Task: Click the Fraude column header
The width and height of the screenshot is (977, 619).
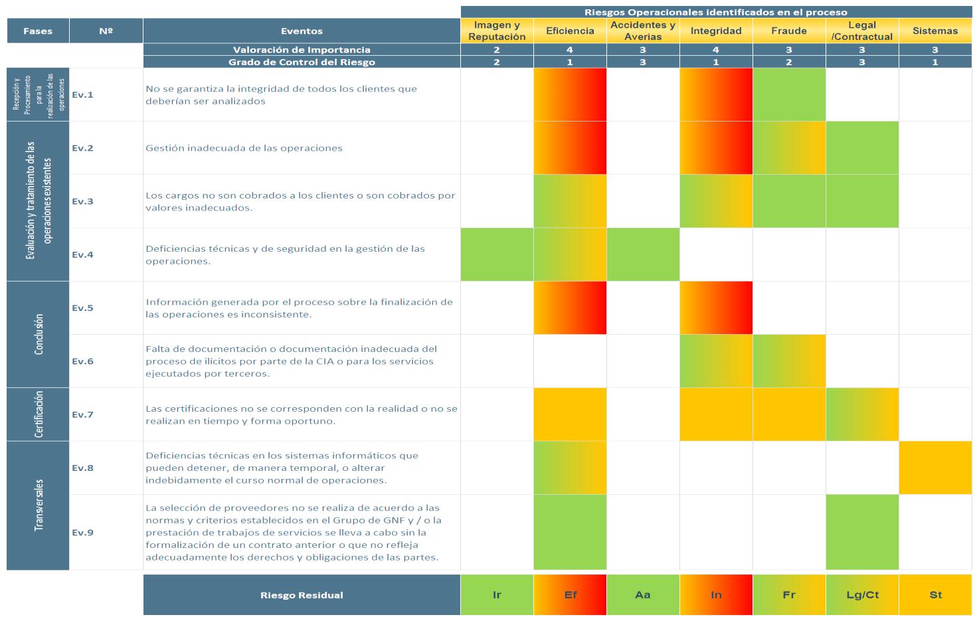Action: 789,31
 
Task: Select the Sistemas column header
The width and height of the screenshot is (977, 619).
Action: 935,31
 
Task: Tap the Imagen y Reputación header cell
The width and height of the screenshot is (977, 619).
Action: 497,31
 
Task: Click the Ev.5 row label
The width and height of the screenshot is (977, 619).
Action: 83,308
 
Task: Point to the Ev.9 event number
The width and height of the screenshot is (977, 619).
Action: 83,533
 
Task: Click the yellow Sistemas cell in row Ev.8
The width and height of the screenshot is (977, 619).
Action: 935,468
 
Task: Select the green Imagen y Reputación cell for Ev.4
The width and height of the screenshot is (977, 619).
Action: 497,254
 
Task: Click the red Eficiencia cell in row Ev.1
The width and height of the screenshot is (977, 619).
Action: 570,94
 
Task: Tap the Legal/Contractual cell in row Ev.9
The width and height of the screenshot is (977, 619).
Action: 862,533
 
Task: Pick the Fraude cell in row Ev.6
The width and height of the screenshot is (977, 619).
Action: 789,361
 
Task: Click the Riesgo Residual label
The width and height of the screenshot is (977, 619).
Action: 302,595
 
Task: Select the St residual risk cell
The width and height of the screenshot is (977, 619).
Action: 935,595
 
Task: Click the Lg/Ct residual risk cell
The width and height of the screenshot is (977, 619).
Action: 862,595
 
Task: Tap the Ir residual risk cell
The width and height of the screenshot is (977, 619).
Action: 497,595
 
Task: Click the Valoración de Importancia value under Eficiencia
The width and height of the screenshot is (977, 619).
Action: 570,50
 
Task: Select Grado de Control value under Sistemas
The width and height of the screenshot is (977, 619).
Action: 935,62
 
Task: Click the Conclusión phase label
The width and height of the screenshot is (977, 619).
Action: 39,334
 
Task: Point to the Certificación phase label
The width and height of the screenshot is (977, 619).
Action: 39,414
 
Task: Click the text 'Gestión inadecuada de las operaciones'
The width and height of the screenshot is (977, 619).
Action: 244,148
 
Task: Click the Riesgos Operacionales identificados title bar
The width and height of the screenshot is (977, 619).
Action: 716,12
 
